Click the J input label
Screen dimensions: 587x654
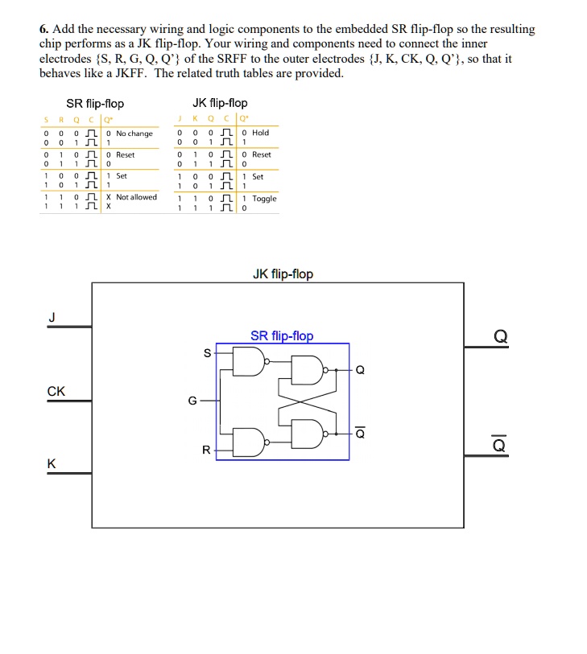pos(52,318)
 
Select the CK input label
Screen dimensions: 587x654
pos(56,391)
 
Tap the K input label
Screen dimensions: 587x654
pos(52,463)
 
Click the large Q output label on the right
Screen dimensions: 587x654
pos(500,336)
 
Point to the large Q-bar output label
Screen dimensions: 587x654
pos(499,444)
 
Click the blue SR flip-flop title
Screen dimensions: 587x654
pos(282,335)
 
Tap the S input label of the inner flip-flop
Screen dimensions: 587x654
pos(207,353)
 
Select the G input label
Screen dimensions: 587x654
pos(192,401)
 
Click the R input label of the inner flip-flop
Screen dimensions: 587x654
pos(206,450)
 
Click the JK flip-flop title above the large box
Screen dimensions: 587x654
pos(283,274)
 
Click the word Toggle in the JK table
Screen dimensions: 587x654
pos(264,199)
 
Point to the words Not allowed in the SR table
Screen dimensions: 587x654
pos(137,197)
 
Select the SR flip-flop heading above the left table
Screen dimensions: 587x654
pos(95,104)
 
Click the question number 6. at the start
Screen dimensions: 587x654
pos(44,29)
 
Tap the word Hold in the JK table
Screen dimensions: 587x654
pos(261,133)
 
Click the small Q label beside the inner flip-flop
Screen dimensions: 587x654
pos(360,370)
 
